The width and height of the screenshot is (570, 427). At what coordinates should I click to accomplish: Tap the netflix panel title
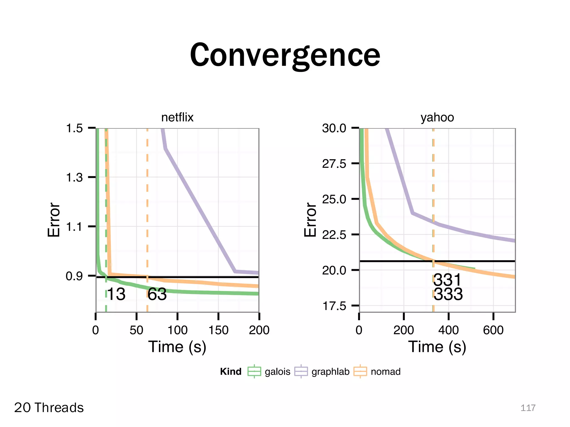pos(177,117)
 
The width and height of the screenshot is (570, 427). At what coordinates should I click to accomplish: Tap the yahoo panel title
pos(437,117)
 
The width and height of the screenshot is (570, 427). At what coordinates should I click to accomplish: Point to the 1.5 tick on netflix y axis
pos(74,128)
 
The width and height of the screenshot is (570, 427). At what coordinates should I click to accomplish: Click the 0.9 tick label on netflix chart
pos(74,276)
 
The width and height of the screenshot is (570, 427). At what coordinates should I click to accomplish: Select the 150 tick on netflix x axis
pos(218,330)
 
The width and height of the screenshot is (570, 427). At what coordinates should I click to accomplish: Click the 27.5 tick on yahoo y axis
pos(334,163)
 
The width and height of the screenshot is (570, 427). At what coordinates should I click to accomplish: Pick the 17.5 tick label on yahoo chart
pos(334,306)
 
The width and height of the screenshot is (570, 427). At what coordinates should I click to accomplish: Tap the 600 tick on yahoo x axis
pos(493,330)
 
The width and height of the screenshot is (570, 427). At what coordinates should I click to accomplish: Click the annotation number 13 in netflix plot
pos(116,294)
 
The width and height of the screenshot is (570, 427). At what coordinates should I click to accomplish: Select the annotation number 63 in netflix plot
pos(157,294)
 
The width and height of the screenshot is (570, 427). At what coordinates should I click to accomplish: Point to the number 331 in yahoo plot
pos(448,280)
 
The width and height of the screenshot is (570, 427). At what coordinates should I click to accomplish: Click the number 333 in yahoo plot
pos(448,294)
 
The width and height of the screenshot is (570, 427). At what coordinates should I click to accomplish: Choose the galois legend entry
pos(277,372)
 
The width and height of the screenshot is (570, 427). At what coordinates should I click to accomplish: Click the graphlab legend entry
pos(330,372)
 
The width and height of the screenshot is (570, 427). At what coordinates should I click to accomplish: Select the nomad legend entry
pos(385,372)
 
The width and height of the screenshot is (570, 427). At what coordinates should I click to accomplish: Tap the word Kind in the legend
pos(230,372)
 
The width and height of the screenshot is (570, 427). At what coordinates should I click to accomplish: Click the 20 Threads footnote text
pos(49,408)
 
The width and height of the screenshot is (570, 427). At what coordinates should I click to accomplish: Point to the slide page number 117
pos(528,408)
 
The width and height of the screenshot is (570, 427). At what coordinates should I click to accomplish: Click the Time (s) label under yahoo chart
pos(437,347)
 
